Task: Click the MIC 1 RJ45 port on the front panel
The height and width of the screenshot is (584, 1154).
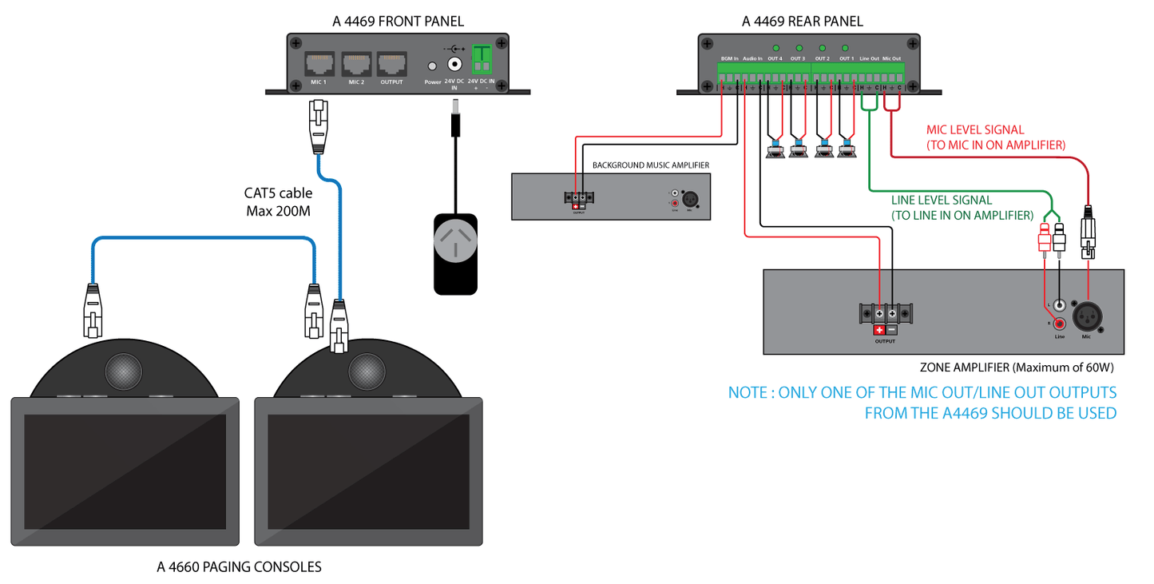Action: pos(319,64)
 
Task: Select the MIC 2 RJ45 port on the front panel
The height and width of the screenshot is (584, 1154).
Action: pos(356,64)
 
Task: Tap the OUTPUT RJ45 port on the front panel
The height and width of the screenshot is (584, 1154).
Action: pos(392,64)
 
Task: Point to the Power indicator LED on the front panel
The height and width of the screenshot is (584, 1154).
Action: pos(433,67)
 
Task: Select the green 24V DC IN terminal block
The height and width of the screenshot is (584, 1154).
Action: pos(482,59)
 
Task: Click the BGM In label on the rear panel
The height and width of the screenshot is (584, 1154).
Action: pos(729,59)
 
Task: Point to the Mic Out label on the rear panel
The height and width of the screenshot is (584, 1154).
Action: pos(891,59)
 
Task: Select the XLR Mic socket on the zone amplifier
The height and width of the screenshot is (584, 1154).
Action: pos(1085,316)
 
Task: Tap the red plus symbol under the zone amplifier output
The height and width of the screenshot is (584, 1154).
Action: pos(879,330)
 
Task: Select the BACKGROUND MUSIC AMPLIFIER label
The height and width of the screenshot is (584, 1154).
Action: pos(650,165)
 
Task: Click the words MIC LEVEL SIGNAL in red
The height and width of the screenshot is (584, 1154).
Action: pos(974,129)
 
